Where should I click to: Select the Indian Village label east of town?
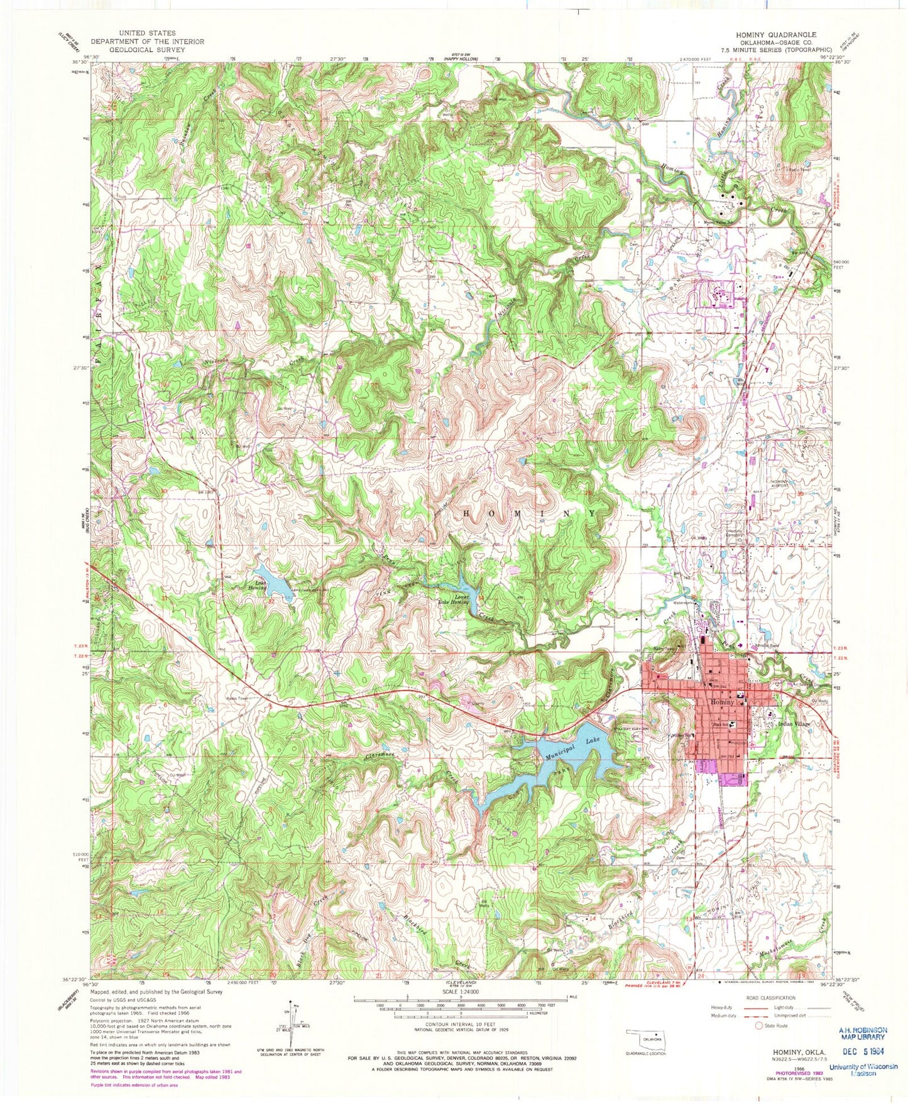click(794, 724)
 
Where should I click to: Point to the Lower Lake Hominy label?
click(453, 599)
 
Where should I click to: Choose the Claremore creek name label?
click(381, 758)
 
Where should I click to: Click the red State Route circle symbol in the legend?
click(759, 1044)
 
